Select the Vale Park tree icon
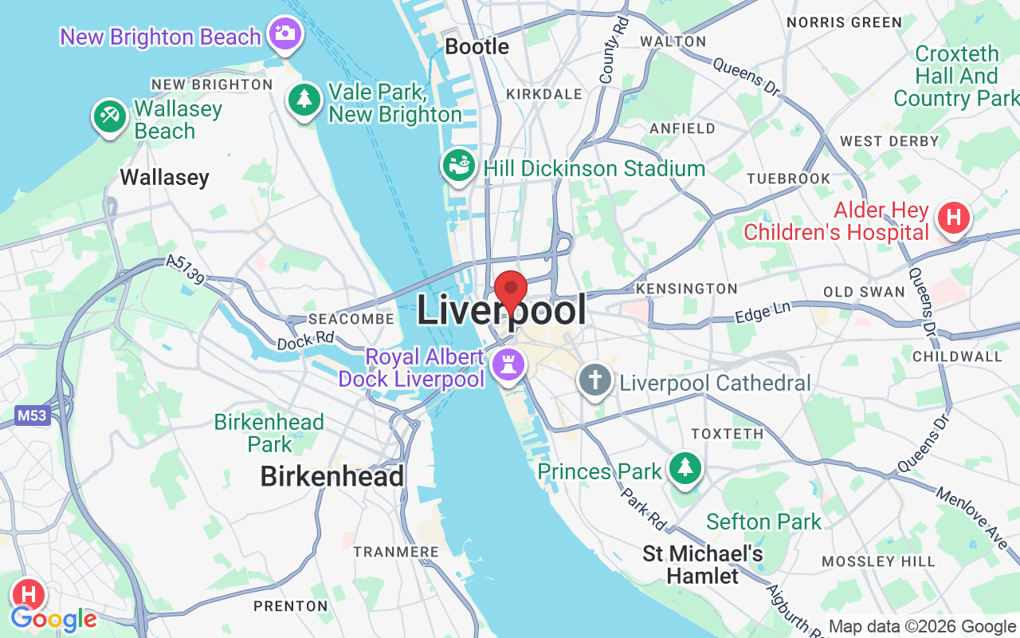coord(304,100)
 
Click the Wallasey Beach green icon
coord(109,116)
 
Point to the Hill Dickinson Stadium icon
coord(458,166)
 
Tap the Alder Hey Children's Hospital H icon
coord(953,218)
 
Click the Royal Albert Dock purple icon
coord(508,365)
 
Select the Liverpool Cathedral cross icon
coord(594,380)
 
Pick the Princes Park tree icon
coord(685,467)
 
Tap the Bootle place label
coord(477,46)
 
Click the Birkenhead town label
coord(332,476)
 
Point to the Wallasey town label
coord(164,177)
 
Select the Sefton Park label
coord(763,522)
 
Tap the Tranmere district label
coord(396,552)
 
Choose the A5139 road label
coord(186,270)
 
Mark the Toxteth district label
coord(727,434)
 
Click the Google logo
coord(53,619)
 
